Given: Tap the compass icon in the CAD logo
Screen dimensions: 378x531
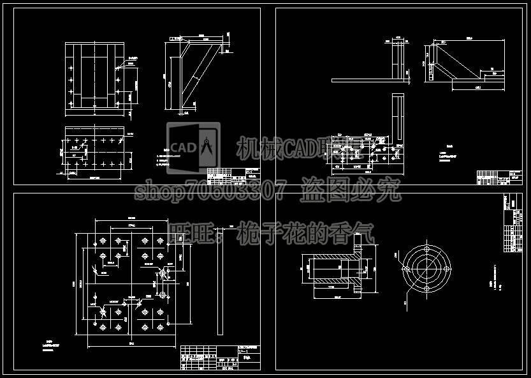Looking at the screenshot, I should click(x=207, y=147).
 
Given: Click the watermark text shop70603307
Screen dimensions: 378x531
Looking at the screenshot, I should click(x=211, y=190).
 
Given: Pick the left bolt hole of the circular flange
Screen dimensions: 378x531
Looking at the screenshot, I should click(x=407, y=268).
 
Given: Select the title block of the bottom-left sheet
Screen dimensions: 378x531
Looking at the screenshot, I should click(x=221, y=358).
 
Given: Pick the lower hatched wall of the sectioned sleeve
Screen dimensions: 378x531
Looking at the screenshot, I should click(x=331, y=280).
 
